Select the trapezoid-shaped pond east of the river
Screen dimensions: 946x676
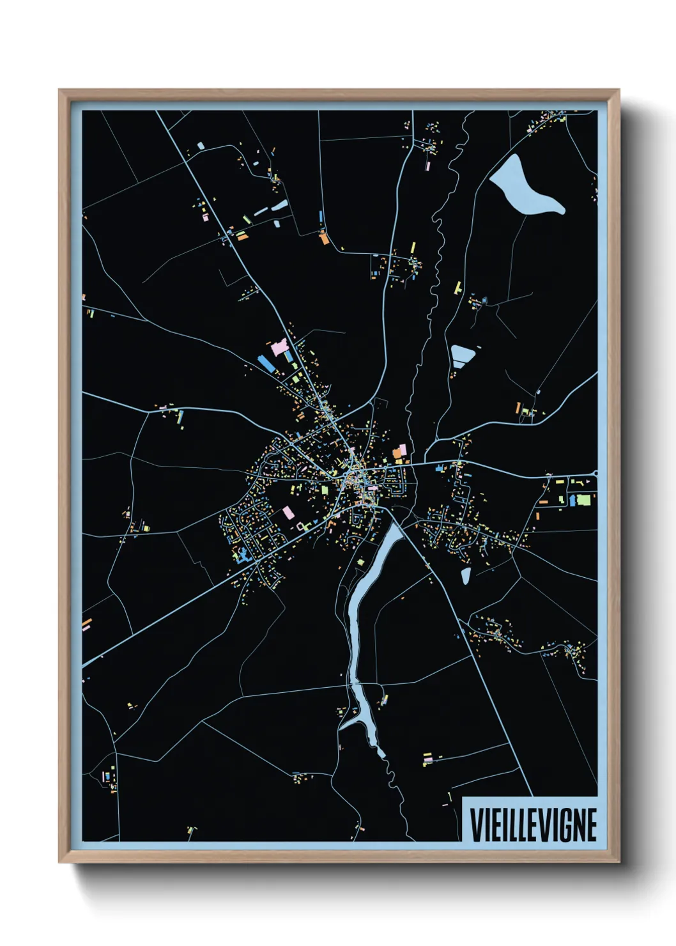[462, 353]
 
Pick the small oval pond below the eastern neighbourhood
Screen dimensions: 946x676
[465, 576]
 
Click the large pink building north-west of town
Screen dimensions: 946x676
[280, 348]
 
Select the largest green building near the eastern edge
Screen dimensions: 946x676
[584, 499]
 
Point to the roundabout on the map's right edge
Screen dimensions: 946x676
[595, 474]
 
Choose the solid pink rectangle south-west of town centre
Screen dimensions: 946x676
[288, 513]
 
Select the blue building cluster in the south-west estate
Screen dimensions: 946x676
[242, 555]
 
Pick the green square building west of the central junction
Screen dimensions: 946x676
[324, 490]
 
